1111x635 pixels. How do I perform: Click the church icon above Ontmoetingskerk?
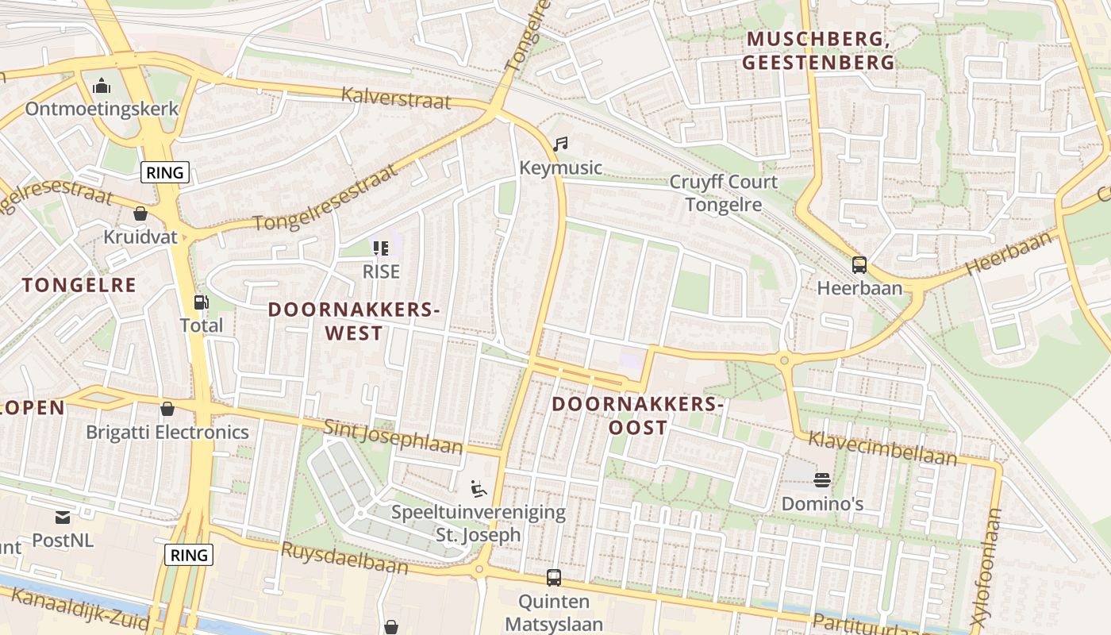pyautogui.click(x=102, y=86)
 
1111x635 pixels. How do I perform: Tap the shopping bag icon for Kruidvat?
pyautogui.click(x=140, y=214)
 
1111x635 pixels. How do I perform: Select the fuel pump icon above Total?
pyautogui.click(x=202, y=302)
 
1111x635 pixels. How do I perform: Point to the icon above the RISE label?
pyautogui.click(x=381, y=248)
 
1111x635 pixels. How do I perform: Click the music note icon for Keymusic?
pyautogui.click(x=560, y=144)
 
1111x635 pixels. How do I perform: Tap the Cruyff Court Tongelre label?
pyautogui.click(x=723, y=193)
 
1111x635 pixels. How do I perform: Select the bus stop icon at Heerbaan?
pyautogui.click(x=859, y=265)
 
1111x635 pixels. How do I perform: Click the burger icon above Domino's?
pyautogui.click(x=821, y=480)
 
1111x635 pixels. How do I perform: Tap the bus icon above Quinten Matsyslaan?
pyautogui.click(x=553, y=578)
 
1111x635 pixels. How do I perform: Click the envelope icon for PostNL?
pyautogui.click(x=63, y=518)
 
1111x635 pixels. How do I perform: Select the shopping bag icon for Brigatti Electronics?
pyautogui.click(x=167, y=409)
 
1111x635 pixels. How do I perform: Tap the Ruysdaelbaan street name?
pyautogui.click(x=344, y=557)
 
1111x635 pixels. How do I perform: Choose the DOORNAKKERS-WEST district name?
pyautogui.click(x=353, y=321)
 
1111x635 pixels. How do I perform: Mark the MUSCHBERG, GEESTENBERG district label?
pyautogui.click(x=820, y=50)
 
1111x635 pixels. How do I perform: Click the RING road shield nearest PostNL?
pyautogui.click(x=190, y=555)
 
